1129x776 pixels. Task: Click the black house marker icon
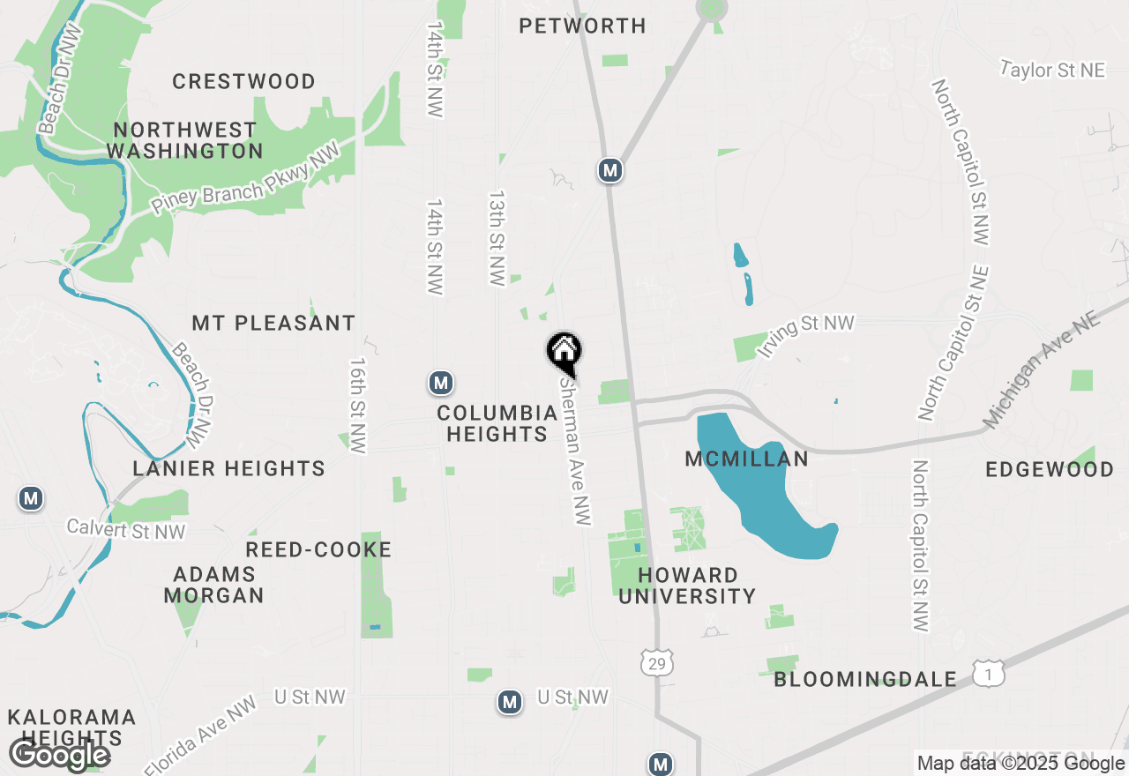(564, 352)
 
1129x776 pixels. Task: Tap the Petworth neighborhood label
(582, 26)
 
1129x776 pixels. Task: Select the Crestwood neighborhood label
(243, 82)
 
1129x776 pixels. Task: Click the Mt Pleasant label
(273, 323)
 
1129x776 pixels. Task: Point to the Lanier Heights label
(229, 468)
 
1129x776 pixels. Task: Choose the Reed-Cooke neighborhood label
(318, 550)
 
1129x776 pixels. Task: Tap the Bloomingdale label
(865, 679)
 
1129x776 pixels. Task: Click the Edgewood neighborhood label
(1050, 469)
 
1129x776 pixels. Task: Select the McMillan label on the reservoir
(747, 459)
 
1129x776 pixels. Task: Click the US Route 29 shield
(658, 663)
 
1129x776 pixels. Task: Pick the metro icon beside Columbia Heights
(441, 383)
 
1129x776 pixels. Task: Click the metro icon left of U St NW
(509, 702)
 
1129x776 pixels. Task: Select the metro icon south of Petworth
(609, 170)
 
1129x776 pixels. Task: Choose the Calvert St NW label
(126, 530)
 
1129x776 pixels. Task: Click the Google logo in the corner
(59, 755)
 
